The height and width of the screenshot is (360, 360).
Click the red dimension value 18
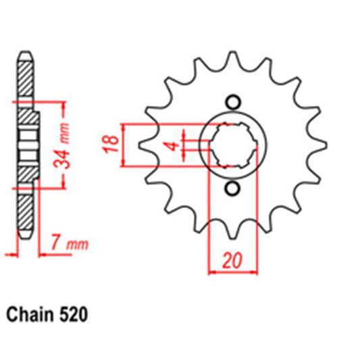[113, 143]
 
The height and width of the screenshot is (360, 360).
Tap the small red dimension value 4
[172, 145]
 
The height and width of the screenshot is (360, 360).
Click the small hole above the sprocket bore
[232, 102]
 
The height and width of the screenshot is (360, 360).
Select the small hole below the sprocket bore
[232, 188]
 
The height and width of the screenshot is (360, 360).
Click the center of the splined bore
[232, 145]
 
